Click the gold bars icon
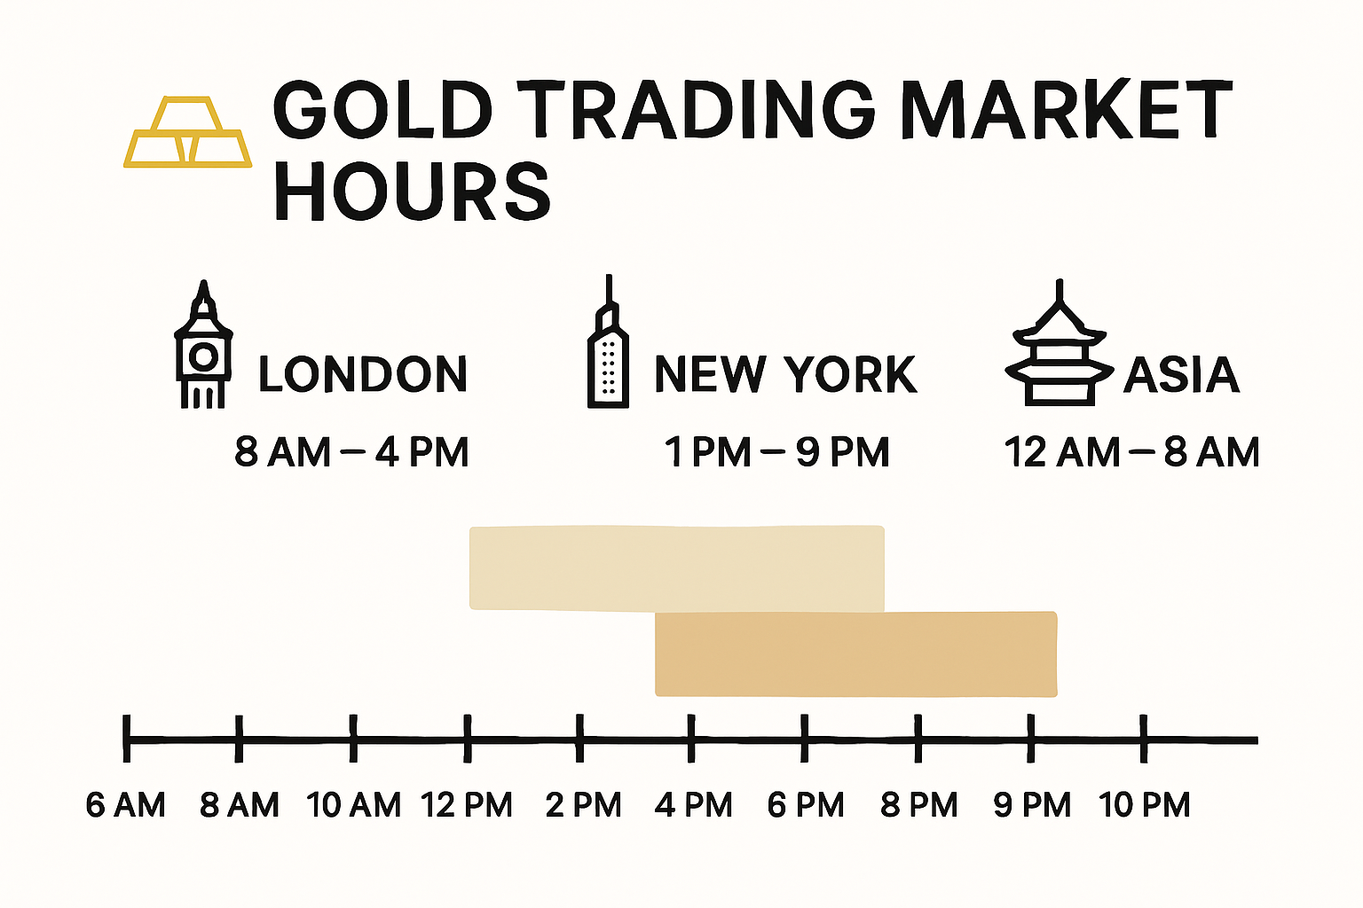pos(187,134)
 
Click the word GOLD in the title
pos(382,110)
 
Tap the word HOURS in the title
pos(412,192)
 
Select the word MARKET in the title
pos(1066,110)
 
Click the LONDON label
pos(363,374)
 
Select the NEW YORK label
pos(785,374)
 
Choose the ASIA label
pos(1181,375)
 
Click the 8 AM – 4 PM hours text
pos(351,452)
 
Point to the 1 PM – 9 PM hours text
pos(777,452)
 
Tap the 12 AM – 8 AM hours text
pos(1131,452)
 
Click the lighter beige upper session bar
pos(676,567)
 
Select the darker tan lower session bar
pos(855,654)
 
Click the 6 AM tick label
pos(125,805)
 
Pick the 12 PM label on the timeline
pos(467,805)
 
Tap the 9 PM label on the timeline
pos(1032,805)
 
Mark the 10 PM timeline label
pos(1144,805)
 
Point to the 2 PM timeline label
pos(583,805)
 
